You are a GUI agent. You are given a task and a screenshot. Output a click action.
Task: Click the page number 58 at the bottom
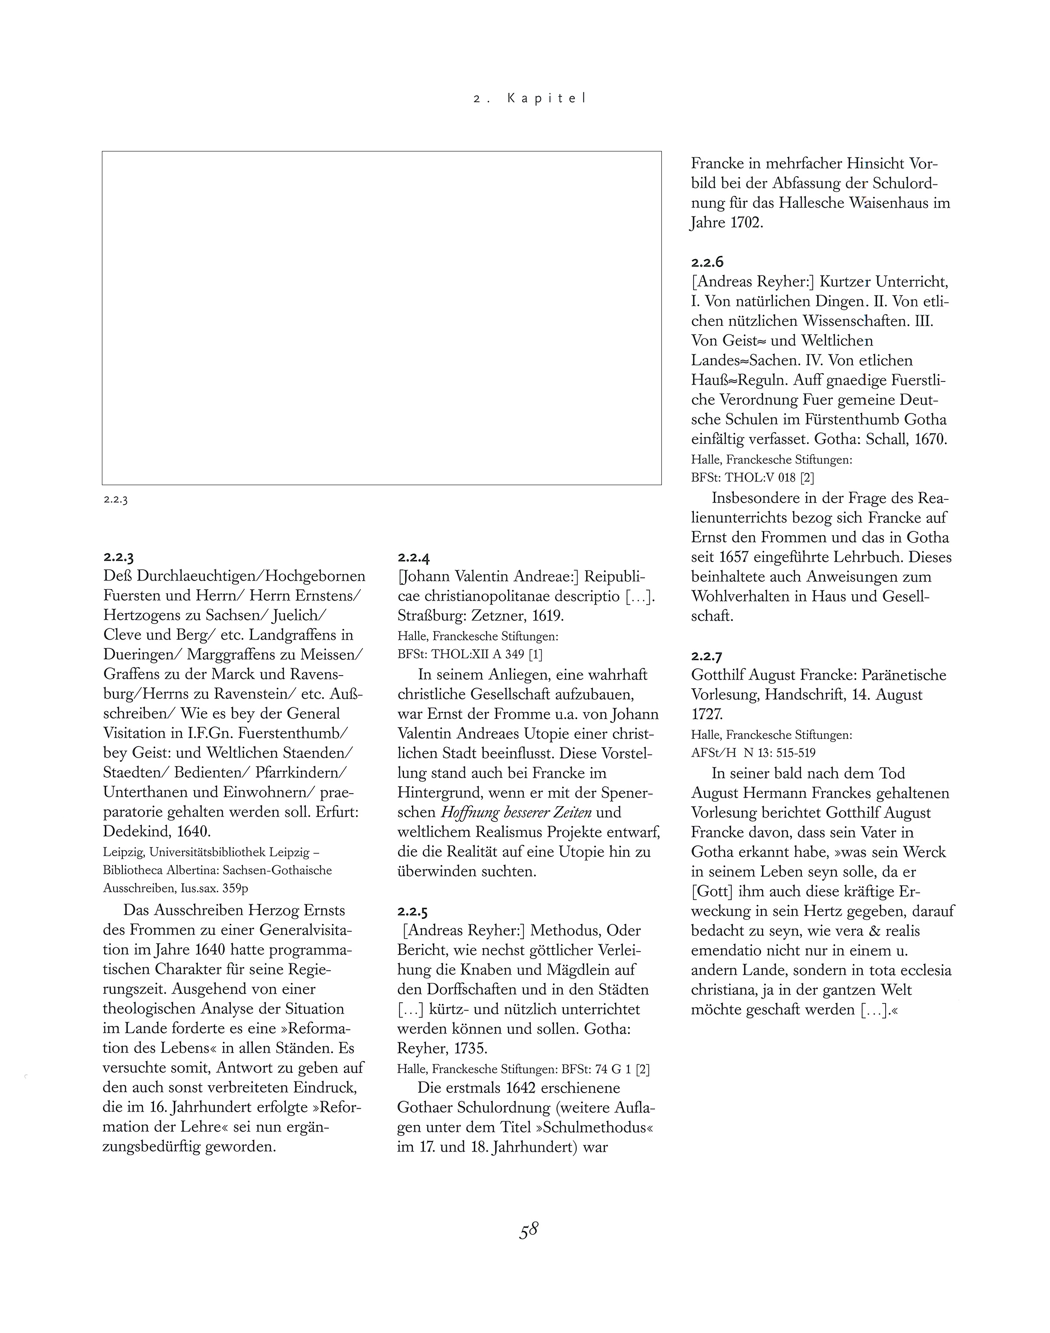[x=529, y=1230]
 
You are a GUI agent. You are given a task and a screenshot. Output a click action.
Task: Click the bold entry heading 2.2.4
[x=413, y=558]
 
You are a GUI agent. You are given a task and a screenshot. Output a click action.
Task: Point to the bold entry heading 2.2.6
[x=707, y=263]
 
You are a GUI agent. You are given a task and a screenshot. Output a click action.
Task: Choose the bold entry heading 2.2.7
[x=707, y=657]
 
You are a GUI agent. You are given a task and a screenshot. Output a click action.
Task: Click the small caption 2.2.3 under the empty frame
[x=115, y=499]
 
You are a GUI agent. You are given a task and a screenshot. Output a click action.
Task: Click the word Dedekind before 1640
[x=137, y=832]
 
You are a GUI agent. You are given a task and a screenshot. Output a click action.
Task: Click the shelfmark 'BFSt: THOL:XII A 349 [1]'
[x=470, y=654]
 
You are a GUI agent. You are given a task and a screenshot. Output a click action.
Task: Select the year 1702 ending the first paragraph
[x=746, y=223]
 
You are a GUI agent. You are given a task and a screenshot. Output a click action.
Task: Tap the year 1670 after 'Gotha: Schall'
[x=925, y=440]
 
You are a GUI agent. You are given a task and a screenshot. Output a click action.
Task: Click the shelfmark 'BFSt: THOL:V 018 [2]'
[x=752, y=477]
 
